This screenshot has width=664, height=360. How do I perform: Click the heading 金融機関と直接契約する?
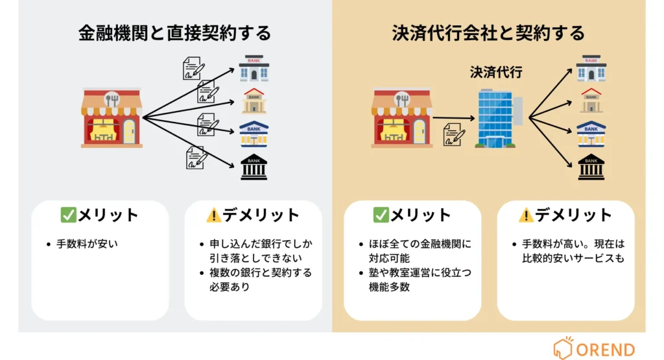point(174,33)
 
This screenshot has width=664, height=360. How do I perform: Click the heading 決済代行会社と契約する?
point(488,33)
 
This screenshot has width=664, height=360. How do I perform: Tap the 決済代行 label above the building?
point(496,73)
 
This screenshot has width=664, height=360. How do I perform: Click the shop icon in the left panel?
point(112,118)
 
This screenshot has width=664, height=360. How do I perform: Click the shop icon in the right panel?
point(402,118)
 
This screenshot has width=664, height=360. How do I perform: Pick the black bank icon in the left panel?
point(254,167)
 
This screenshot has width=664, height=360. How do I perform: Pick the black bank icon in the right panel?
point(591,167)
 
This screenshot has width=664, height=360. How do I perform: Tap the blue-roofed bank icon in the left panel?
point(254,134)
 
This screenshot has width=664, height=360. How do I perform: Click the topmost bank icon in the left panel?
point(254,68)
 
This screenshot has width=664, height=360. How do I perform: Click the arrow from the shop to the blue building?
point(455,118)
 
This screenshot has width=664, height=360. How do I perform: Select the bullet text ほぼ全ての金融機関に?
point(415,245)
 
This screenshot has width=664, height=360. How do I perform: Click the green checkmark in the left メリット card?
point(68,215)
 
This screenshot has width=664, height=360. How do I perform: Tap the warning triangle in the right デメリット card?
point(526,215)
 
